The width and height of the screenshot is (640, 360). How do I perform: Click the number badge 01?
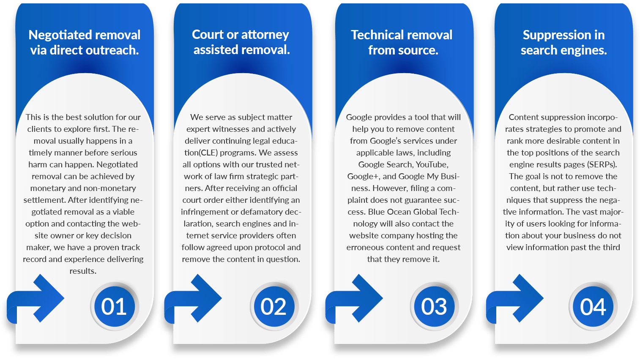click(x=114, y=306)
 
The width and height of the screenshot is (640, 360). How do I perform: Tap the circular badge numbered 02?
click(x=274, y=306)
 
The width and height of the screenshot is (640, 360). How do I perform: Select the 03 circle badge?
click(x=434, y=306)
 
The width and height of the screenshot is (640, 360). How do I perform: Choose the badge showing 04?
click(x=593, y=306)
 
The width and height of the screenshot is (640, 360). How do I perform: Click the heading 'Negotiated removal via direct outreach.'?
click(x=85, y=43)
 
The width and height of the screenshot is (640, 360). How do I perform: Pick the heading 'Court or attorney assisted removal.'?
click(x=241, y=42)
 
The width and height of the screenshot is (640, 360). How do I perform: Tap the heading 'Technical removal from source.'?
click(x=402, y=43)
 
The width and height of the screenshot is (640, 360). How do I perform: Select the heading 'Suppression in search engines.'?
click(x=564, y=43)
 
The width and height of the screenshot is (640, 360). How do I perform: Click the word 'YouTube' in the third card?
click(x=432, y=165)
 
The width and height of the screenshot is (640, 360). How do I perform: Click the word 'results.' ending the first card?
click(x=83, y=271)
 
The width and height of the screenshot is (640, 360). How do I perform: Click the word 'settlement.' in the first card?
click(x=44, y=200)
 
